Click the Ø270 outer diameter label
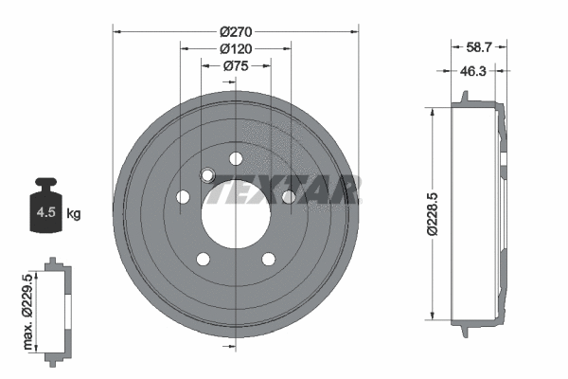point(236,30)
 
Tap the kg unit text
point(73,214)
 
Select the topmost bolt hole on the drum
point(236,157)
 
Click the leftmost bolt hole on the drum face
point(183,197)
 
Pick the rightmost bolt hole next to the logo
point(289,196)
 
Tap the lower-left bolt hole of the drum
point(203,258)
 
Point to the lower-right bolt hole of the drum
point(268,258)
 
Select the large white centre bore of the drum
point(235,214)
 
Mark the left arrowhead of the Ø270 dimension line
point(117,31)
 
